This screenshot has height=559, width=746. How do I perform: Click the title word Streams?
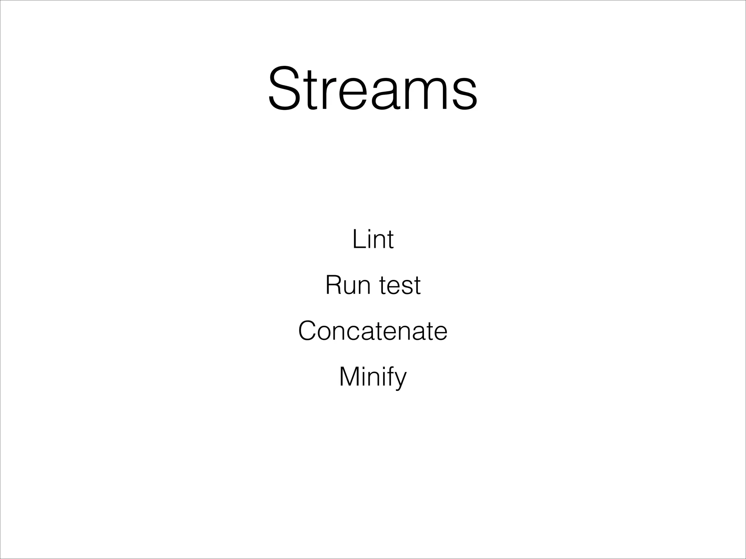373,88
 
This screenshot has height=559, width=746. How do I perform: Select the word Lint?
373,239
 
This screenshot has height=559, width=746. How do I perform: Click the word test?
400,286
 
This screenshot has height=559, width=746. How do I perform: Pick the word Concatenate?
373,331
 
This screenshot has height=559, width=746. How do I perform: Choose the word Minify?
373,377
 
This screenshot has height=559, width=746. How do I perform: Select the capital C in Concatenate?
309,331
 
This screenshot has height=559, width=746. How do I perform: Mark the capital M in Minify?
349,377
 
